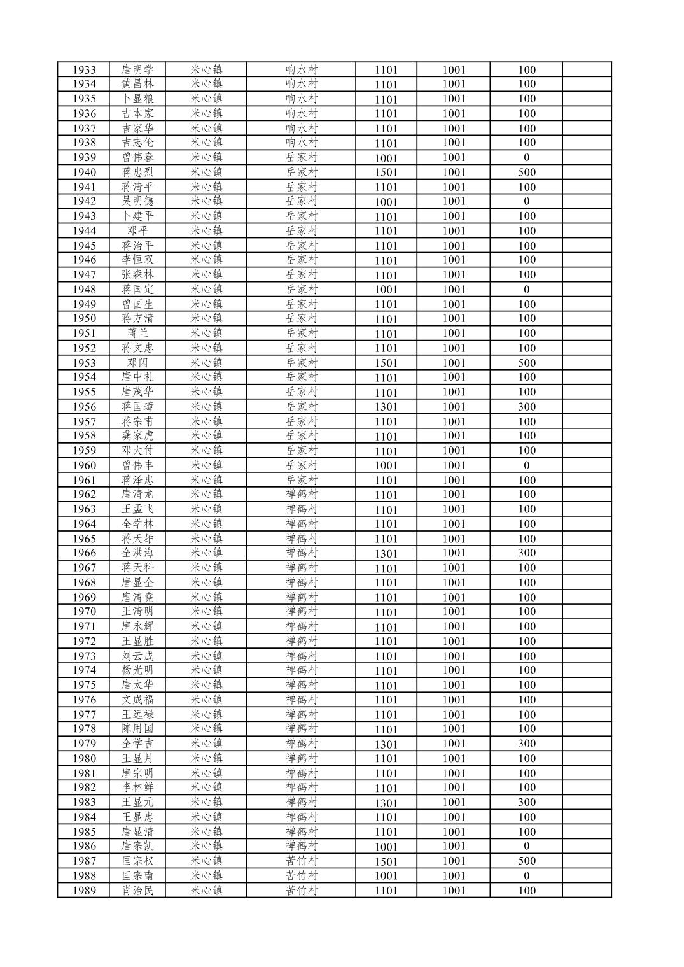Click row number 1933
(x=84, y=70)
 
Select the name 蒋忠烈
(x=137, y=172)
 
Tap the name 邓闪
(x=137, y=363)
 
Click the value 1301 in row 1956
(x=386, y=407)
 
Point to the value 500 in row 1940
(x=526, y=172)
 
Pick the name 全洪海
(x=137, y=553)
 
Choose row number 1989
(x=84, y=891)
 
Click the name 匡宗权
(x=137, y=861)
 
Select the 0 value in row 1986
(x=526, y=846)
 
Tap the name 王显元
(x=137, y=802)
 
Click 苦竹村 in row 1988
(x=301, y=875)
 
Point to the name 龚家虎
(x=137, y=435)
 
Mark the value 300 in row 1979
(x=526, y=744)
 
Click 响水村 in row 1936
(x=301, y=113)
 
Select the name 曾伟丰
(x=137, y=465)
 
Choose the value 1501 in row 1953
(x=386, y=363)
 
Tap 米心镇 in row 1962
(x=206, y=494)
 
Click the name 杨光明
(x=137, y=670)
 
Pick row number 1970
(x=84, y=611)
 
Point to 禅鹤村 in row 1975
(x=301, y=685)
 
